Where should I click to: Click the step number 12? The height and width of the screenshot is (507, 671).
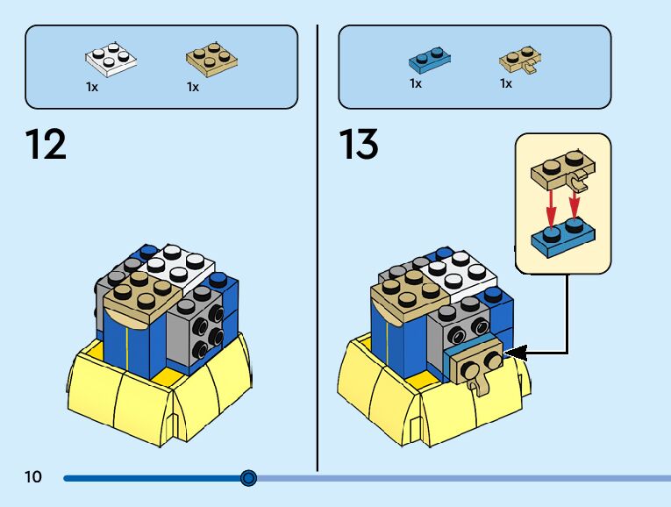click(46, 144)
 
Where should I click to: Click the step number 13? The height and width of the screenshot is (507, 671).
click(359, 144)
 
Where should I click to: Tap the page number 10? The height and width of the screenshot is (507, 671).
click(33, 476)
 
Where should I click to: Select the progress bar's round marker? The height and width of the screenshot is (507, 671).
click(248, 478)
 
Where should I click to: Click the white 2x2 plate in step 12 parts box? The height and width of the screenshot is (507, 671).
click(111, 60)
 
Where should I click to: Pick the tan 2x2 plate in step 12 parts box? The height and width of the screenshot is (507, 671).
click(212, 60)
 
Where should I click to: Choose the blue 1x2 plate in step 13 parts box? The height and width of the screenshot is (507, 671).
click(430, 61)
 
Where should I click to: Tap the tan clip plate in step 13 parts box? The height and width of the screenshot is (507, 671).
click(520, 61)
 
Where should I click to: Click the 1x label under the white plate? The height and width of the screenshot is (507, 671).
click(92, 88)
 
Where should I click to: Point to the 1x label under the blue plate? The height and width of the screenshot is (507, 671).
click(416, 83)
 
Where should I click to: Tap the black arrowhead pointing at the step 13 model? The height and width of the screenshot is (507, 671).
click(516, 353)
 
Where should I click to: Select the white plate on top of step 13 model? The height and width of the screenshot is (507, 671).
click(459, 273)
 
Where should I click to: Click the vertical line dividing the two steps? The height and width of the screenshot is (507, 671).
click(318, 248)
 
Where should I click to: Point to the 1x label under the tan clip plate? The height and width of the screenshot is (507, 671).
click(506, 83)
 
